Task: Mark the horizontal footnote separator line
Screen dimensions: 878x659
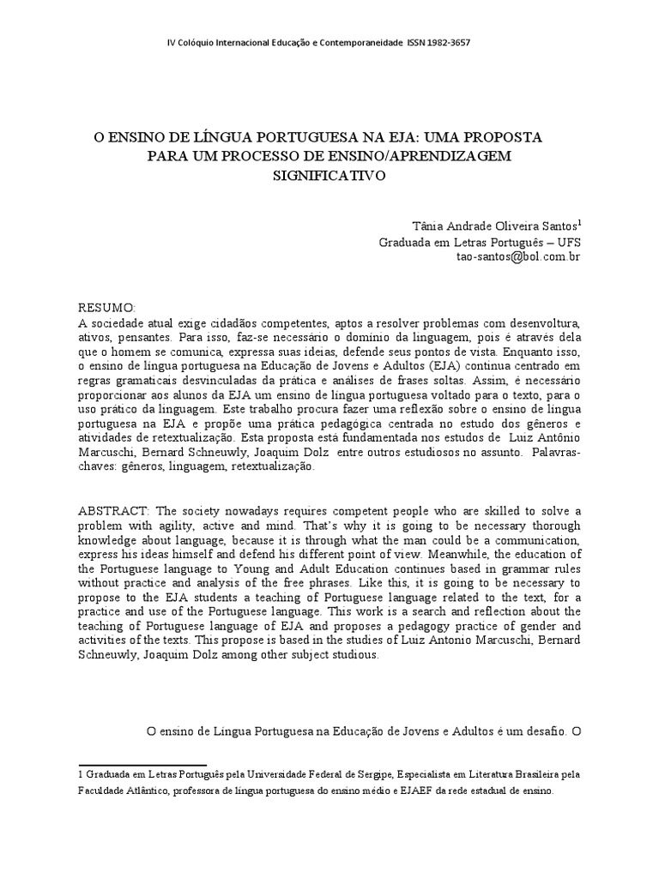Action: pos(142,765)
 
